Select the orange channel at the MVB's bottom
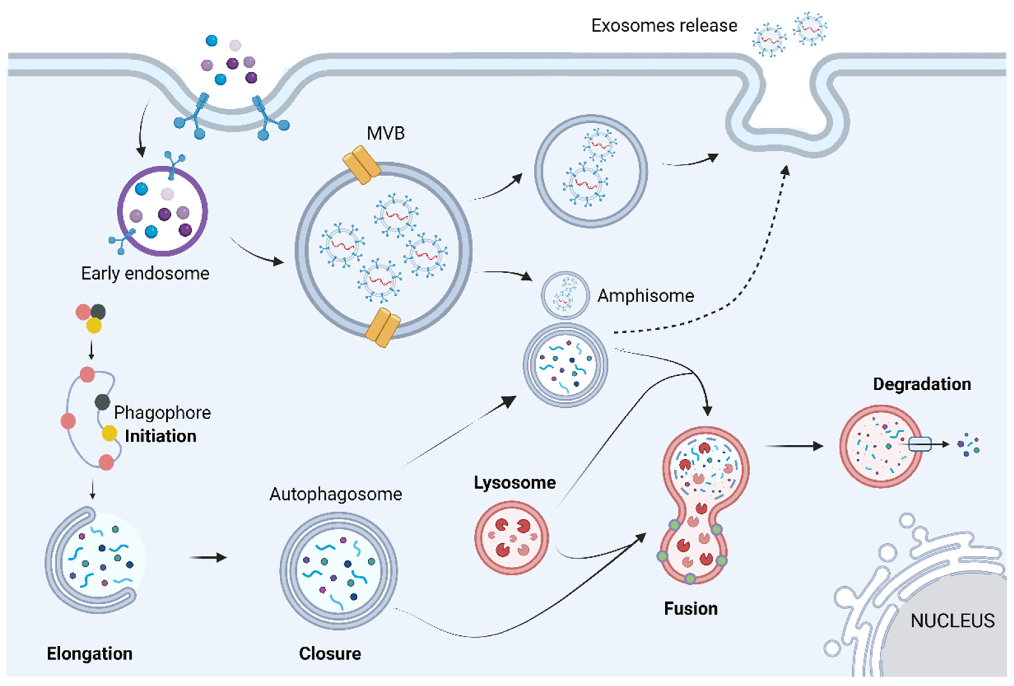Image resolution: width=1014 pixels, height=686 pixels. [x=383, y=327]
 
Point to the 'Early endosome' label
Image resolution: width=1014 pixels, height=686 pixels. [x=145, y=274]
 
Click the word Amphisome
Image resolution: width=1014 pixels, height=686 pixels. [x=645, y=296]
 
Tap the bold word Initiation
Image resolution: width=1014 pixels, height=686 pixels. [x=161, y=436]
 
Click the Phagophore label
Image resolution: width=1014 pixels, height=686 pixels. [x=162, y=412]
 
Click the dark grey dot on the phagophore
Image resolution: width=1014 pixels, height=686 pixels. [x=102, y=402]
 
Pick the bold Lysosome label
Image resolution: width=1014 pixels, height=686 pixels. [x=515, y=483]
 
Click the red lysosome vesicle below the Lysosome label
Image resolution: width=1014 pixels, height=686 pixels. [x=511, y=537]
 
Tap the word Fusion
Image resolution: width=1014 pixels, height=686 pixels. [x=691, y=608]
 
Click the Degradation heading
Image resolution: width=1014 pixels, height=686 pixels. [x=922, y=384]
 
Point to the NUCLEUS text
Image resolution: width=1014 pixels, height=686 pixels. [x=952, y=621]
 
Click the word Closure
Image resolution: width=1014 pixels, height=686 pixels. [x=330, y=653]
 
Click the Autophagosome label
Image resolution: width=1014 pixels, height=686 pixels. [x=335, y=494]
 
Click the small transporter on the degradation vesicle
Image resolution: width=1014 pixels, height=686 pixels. [x=920, y=444]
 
